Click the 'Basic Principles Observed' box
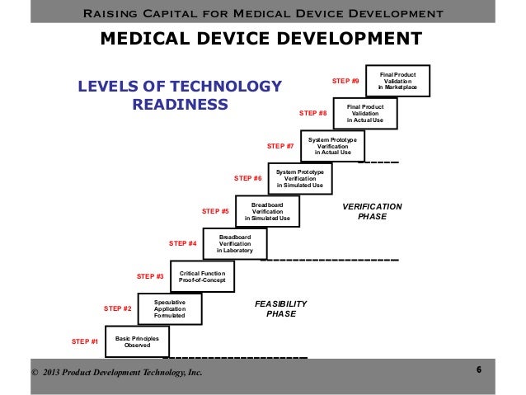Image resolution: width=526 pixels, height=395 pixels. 137,341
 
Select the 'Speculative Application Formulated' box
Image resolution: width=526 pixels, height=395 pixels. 169,308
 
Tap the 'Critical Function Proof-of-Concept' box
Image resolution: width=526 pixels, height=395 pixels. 202,276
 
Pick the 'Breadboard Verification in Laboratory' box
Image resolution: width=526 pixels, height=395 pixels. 235,244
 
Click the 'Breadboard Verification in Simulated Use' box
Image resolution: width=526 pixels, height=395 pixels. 267,211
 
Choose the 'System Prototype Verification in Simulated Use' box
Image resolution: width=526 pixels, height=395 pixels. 300,178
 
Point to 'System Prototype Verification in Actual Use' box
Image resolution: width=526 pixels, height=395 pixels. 333,146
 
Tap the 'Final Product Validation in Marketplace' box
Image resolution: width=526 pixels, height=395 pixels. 398,81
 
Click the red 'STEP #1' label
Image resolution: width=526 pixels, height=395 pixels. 85,341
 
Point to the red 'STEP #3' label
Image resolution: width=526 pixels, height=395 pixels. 150,276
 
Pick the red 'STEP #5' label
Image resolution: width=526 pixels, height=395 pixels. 215,211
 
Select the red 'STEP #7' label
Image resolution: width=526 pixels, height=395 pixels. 280,146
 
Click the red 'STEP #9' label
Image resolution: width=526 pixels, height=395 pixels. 345,81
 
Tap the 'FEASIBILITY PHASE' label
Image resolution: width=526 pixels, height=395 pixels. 280,308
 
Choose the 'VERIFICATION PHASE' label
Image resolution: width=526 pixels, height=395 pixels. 372,211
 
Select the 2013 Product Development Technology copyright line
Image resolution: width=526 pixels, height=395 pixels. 116,374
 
